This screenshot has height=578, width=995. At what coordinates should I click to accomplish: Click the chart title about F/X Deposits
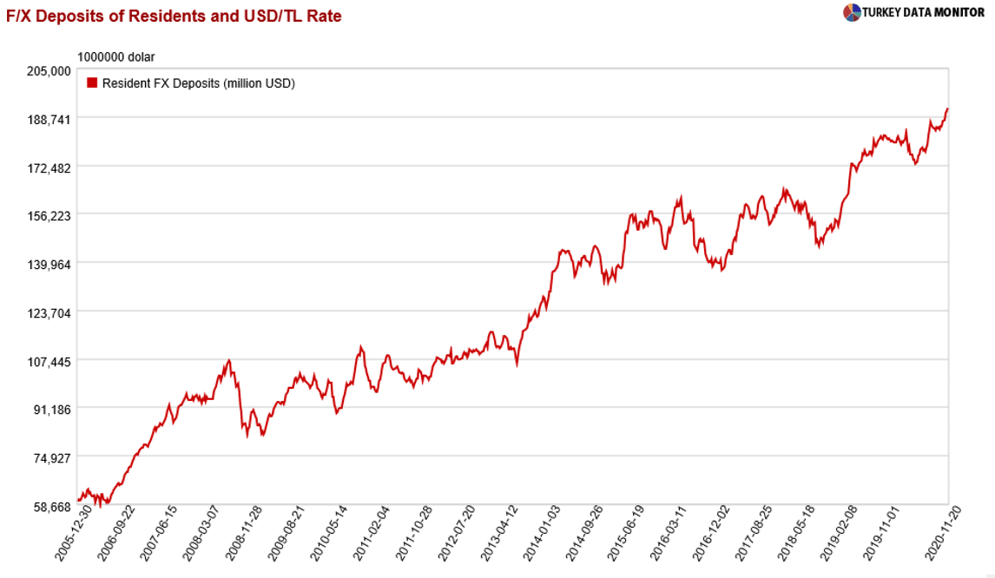[175, 16]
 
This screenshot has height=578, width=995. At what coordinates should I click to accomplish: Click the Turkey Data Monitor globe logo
[851, 12]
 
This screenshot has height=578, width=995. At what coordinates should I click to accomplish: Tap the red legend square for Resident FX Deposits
[92, 83]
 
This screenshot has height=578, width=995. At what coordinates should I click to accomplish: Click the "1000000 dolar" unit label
[116, 57]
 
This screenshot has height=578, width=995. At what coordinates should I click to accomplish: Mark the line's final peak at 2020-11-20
[947, 108]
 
